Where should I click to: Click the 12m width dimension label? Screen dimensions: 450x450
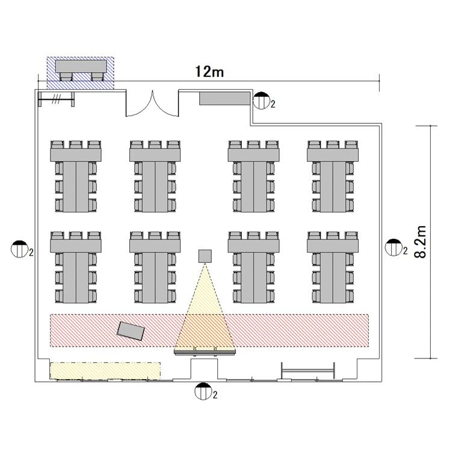(209, 72)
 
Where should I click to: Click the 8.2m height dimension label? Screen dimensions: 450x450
(421, 242)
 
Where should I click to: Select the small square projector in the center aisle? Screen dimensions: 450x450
(205, 256)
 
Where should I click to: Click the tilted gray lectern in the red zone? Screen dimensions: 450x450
(131, 331)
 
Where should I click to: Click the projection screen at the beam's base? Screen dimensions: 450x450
(205, 351)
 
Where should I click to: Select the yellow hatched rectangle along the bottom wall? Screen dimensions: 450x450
(105, 371)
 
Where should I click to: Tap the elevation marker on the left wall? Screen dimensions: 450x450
(19, 249)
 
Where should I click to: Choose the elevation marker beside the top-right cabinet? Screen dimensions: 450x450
(262, 100)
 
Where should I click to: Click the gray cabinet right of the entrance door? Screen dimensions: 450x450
(225, 99)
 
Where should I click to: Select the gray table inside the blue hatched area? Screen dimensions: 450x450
(81, 66)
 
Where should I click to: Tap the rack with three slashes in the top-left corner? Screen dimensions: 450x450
(57, 99)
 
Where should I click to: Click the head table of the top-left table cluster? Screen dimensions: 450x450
(76, 155)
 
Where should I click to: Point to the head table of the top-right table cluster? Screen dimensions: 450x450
(333, 155)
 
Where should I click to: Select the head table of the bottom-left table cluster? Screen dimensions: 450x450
(76, 245)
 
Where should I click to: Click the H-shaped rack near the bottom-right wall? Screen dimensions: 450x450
(308, 371)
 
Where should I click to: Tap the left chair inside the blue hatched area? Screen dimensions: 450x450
(66, 76)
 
